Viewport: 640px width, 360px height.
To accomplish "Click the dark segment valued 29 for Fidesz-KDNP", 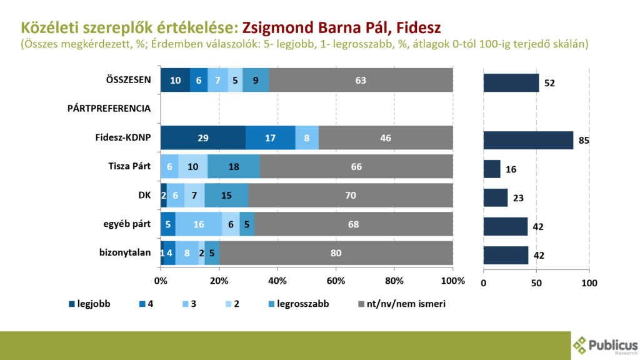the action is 203,137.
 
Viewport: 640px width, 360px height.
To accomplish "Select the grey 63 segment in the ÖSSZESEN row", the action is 361,80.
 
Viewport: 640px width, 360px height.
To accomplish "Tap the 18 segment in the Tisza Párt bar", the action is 234,166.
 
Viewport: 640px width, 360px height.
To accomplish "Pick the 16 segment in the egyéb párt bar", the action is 199,224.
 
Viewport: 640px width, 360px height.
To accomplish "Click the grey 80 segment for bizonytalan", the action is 336,253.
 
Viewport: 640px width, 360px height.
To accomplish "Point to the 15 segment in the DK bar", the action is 226,195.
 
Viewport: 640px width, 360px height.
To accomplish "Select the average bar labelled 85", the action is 528,141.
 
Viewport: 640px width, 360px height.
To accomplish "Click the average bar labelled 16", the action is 492,169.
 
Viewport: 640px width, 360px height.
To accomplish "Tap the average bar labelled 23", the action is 496,197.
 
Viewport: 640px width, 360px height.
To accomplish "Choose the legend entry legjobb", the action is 89,304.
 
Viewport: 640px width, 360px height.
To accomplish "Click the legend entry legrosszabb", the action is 299,304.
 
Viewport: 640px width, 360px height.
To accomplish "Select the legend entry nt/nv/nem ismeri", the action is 402,304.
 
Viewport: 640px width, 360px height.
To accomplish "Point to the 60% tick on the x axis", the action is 336,281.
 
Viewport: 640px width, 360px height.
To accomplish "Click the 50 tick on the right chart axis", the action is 536,283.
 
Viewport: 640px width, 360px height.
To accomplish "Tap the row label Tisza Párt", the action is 129,166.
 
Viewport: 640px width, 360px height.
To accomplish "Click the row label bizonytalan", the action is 125,252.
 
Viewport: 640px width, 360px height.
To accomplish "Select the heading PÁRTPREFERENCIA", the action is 109,109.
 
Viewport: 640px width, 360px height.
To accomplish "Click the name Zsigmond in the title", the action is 278,27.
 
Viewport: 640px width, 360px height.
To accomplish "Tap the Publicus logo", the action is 605,346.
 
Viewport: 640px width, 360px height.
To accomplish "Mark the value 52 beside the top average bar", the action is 549,83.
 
